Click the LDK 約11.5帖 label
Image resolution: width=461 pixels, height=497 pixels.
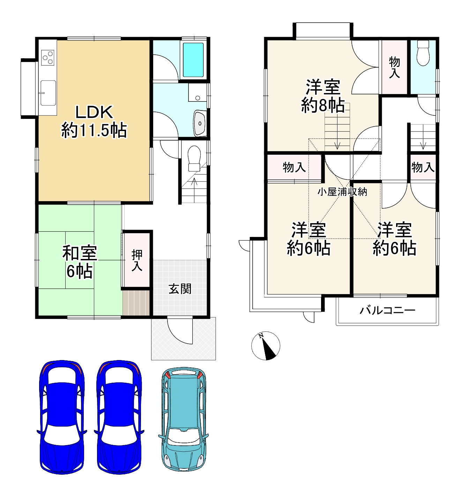94,121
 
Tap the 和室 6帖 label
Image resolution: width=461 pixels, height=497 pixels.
80,262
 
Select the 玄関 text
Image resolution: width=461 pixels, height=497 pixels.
180,289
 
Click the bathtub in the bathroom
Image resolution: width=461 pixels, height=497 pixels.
193,60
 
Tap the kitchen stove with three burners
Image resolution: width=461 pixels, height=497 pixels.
47,58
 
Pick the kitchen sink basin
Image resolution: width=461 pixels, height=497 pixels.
48,93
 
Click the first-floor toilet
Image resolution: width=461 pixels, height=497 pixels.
194,158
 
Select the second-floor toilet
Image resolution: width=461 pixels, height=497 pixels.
423,53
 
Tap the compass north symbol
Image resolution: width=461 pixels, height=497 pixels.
266,346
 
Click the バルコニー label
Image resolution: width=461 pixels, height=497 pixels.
387,311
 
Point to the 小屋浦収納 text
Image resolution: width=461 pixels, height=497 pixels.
342,192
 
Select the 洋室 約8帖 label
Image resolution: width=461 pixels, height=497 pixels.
323,96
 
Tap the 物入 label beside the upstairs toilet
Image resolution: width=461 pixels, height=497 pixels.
394,67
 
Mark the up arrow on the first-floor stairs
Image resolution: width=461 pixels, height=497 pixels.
194,190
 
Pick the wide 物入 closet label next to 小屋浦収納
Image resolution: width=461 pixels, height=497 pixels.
294,167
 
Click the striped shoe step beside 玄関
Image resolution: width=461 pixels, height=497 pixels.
136,303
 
